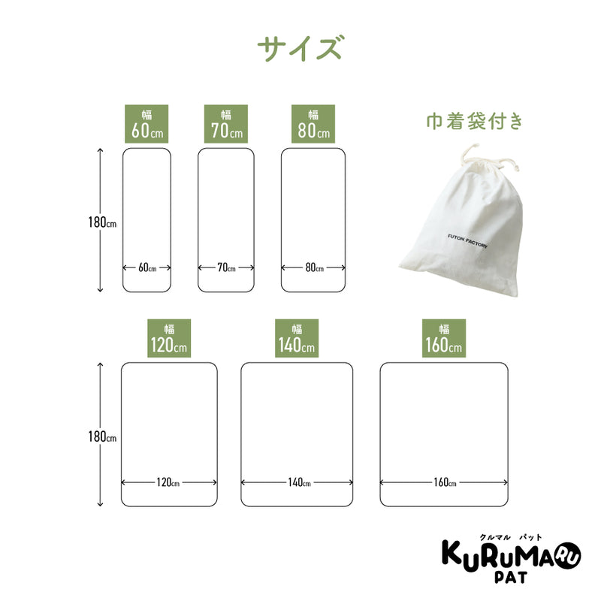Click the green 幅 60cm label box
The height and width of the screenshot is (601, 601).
coord(146,124)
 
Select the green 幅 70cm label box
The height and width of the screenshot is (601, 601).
coord(226,124)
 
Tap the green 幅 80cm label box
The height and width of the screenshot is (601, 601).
coord(313,124)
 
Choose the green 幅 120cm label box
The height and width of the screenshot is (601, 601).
coord(169,339)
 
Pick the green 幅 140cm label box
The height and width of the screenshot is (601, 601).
coord(297,339)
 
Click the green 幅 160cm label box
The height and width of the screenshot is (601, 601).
coord(444,339)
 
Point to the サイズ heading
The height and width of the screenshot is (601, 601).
coord(299,48)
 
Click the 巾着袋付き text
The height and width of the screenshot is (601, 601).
coord(475,121)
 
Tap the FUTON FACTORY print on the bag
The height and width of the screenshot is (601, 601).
coord(467,241)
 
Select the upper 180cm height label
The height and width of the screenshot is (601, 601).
coord(102,222)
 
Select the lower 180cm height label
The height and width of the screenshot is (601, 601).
coord(102,436)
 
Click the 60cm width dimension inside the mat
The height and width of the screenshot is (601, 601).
coord(147,267)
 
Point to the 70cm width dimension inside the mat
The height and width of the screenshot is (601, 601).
coord(226,267)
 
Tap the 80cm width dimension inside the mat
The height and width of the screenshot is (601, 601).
coord(314,267)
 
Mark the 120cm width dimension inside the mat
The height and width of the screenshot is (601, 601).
coord(168,482)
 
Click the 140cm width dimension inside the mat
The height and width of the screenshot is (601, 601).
coord(299,482)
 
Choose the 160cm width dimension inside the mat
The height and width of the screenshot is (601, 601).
coord(445,482)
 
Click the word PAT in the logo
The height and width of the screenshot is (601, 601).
coord(511,577)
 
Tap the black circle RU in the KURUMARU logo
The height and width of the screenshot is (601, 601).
coord(568,554)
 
